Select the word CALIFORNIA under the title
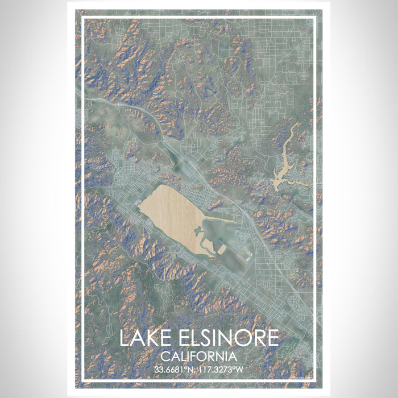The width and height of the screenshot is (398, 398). tap(199, 357)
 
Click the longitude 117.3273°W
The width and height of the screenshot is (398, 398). tap(224, 369)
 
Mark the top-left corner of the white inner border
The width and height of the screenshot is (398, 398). tap(83, 18)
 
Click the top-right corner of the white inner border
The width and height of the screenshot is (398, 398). tap(315, 18)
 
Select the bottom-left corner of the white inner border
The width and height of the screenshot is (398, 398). tap(83, 379)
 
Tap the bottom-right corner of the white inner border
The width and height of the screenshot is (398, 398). tap(315, 379)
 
